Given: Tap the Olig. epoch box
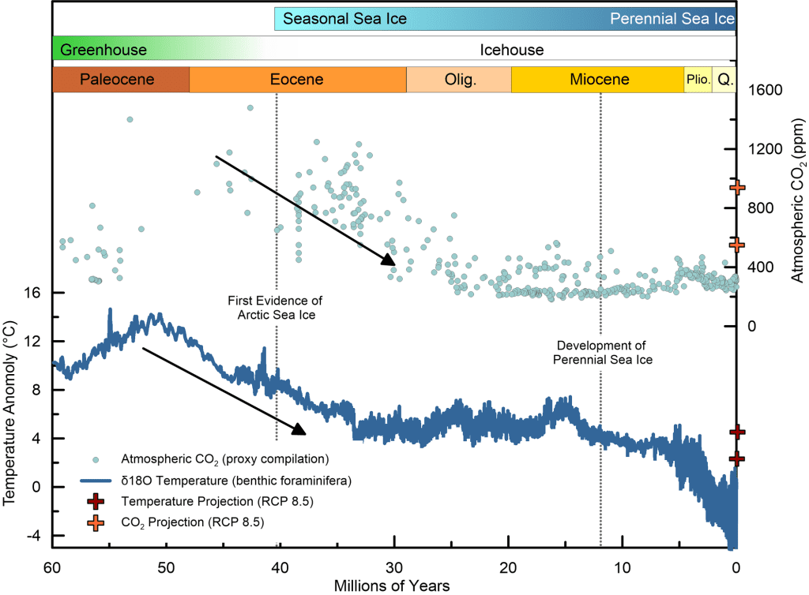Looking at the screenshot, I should tap(459, 80).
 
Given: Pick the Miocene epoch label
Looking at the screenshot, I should tap(600, 80).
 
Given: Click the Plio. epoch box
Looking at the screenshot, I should tap(698, 80).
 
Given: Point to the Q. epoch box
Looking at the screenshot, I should tap(724, 80).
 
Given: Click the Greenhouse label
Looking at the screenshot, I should tap(103, 50).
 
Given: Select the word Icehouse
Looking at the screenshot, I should tap(512, 50).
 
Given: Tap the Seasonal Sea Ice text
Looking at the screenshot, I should tap(345, 18).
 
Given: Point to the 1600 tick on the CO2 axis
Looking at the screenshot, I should tap(765, 90).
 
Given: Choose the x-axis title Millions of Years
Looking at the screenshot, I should tap(393, 585).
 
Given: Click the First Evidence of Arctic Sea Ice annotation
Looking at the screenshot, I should tap(275, 308).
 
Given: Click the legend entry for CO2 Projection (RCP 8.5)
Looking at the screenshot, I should tap(192, 522).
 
